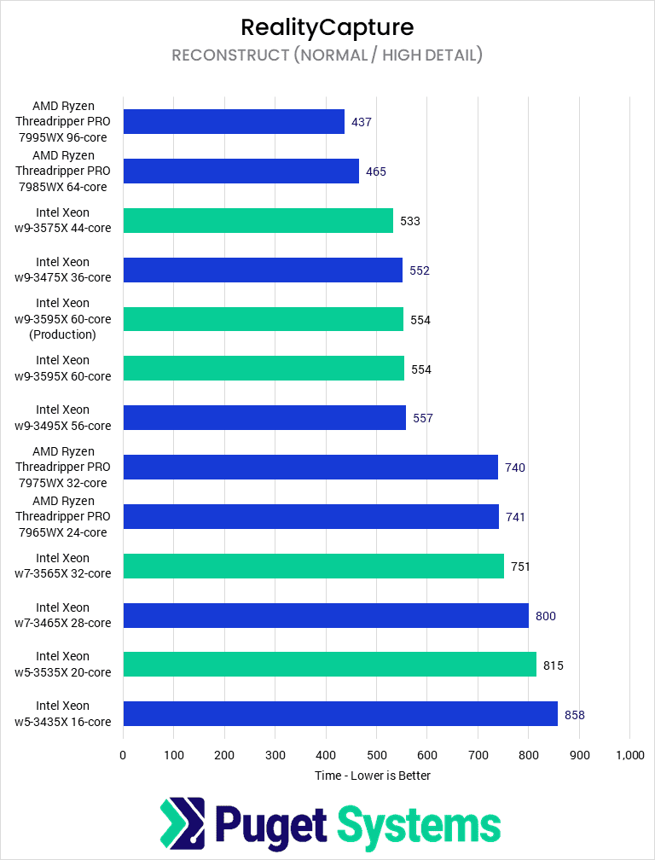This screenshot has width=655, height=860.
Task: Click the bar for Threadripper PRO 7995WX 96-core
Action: tap(234, 122)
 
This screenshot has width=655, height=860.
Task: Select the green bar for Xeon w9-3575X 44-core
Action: tap(258, 221)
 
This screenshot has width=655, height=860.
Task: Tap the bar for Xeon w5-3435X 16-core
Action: tap(340, 714)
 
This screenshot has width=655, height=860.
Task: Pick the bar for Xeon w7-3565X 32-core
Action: tap(313, 566)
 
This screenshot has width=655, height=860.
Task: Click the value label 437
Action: tap(362, 122)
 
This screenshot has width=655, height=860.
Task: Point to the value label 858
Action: tap(575, 715)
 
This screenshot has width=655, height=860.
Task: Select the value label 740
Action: tap(515, 468)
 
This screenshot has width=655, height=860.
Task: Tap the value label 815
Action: tap(554, 665)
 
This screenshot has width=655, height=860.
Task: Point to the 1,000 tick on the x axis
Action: tap(629, 755)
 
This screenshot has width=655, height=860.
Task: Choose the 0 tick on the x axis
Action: tap(123, 755)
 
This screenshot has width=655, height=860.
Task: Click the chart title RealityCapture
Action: tap(327, 27)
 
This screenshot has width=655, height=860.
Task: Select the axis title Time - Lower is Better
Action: tap(372, 776)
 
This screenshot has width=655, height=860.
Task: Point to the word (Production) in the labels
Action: tap(62, 334)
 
